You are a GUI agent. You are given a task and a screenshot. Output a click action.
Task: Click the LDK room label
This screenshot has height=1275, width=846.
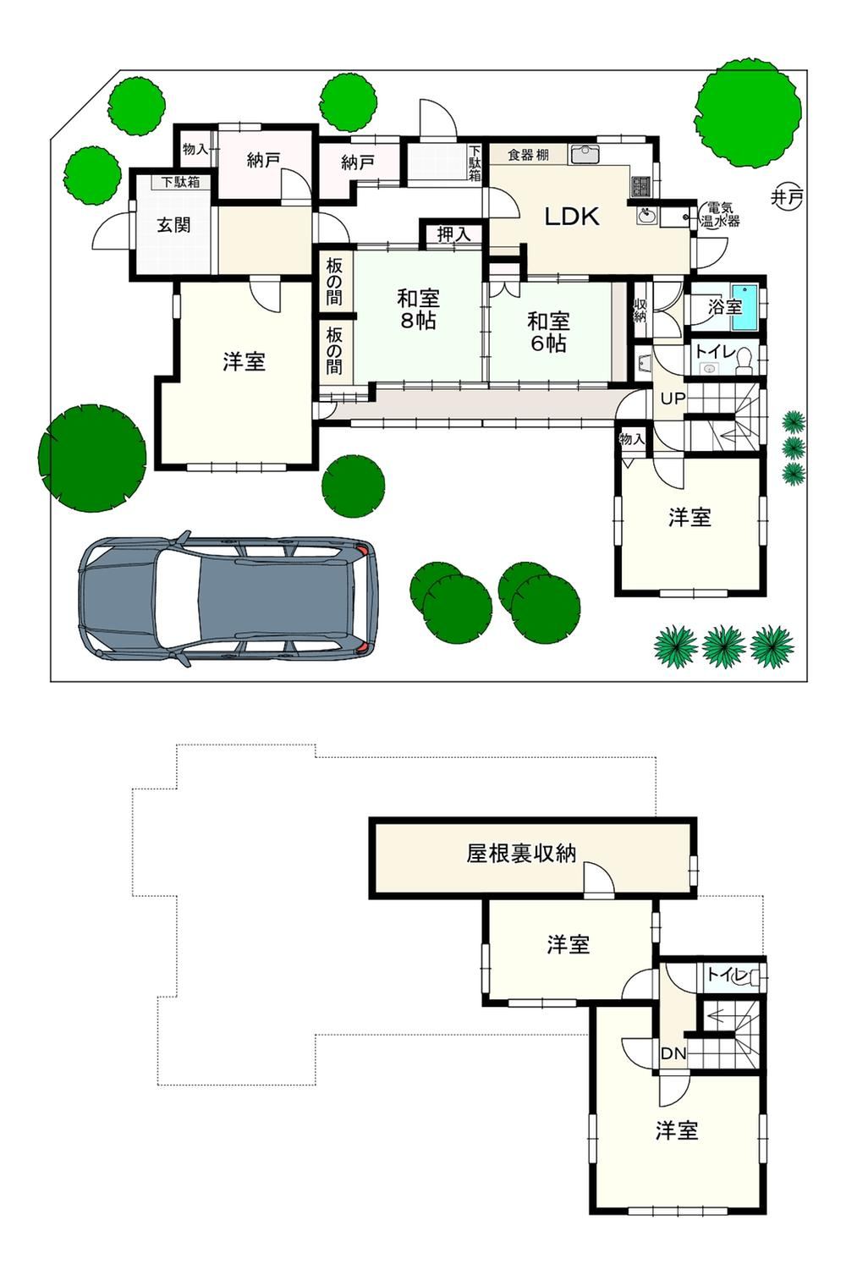click(x=571, y=217)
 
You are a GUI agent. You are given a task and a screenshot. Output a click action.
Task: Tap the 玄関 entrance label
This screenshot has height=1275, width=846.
click(x=173, y=225)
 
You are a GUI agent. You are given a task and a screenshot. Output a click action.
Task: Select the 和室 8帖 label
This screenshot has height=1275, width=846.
click(x=418, y=309)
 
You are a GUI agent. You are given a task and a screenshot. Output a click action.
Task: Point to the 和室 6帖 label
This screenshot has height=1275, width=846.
click(x=548, y=332)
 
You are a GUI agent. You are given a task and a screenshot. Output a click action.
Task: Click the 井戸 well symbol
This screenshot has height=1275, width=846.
click(x=786, y=198)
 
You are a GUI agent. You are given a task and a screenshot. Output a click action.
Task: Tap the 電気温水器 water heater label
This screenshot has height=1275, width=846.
click(x=720, y=215)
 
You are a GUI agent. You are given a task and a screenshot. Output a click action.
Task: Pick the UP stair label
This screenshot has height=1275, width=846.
click(x=673, y=398)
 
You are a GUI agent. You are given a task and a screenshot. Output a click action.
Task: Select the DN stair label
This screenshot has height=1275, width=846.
click(x=673, y=1053)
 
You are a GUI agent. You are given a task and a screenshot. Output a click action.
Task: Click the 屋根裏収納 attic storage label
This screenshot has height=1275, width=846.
click(x=520, y=853)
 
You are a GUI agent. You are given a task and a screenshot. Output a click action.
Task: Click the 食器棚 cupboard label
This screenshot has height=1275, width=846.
click(x=528, y=154)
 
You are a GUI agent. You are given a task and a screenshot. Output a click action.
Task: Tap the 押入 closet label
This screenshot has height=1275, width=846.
click(x=453, y=234)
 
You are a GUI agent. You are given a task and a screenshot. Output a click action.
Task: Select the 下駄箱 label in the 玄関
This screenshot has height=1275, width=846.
click(x=180, y=182)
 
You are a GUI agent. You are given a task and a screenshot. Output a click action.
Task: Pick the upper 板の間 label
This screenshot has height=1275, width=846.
click(x=334, y=282)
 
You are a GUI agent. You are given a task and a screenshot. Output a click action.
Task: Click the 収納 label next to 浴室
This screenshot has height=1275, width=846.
click(x=640, y=311)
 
